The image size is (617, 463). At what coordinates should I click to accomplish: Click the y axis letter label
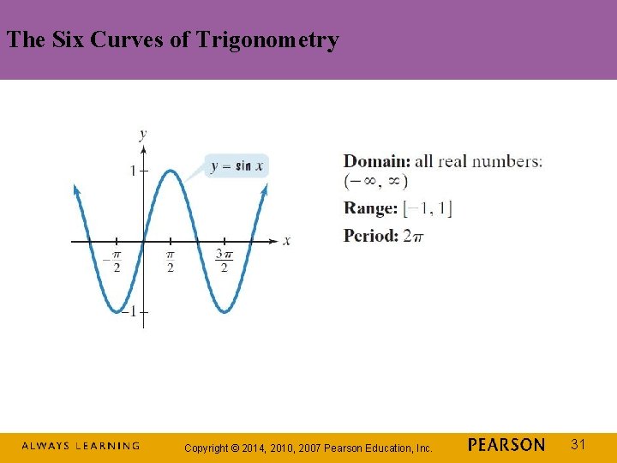[142, 133]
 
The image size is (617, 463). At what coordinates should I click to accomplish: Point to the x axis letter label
[286, 240]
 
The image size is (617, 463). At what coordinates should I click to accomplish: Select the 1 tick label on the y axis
[133, 171]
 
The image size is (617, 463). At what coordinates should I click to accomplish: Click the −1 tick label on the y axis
[129, 311]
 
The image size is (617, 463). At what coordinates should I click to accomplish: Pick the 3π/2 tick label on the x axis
[223, 261]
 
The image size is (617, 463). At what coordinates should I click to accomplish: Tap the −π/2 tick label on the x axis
[113, 261]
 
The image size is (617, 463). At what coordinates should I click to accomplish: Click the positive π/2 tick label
[170, 261]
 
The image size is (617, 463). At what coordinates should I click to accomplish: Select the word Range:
[370, 207]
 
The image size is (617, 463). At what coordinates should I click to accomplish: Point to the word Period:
[371, 235]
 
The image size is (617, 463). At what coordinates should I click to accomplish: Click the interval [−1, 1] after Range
[428, 207]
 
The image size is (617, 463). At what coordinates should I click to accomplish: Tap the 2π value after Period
[413, 235]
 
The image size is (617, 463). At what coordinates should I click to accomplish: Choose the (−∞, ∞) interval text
[376, 181]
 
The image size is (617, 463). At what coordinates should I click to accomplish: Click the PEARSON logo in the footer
[506, 445]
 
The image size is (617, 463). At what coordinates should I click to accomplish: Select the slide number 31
[578, 444]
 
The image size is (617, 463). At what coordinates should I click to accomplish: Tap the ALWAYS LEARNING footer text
[81, 446]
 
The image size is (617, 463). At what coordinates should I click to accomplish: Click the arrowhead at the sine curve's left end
[76, 189]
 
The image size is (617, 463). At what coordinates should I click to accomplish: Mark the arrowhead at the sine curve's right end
[265, 189]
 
